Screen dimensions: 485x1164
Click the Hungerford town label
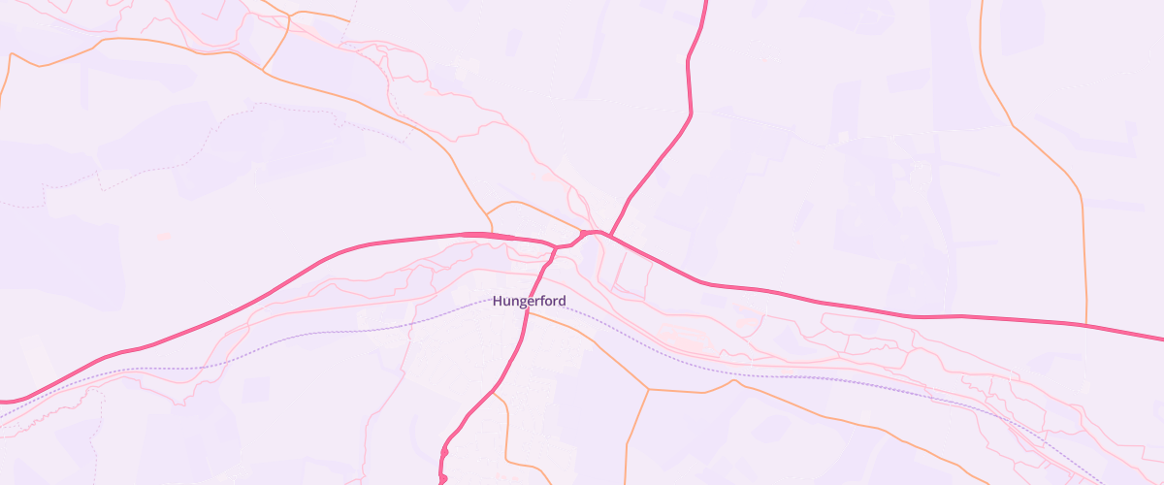(529, 302)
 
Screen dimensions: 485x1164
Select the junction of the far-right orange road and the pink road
(1084, 323)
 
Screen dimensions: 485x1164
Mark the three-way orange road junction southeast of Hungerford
(648, 390)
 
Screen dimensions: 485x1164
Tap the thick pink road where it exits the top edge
(704, 3)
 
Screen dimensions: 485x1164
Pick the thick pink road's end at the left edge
(3, 401)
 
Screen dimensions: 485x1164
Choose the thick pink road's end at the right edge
(1160, 339)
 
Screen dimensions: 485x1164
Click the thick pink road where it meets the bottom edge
(442, 481)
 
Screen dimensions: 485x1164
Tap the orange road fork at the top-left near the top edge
(290, 15)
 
